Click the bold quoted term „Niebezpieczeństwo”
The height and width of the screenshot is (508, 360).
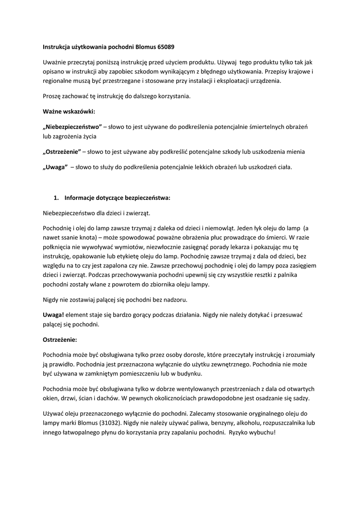tap(72, 127)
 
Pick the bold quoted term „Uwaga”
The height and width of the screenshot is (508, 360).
tap(55, 167)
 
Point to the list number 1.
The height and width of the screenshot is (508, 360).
tap(56, 198)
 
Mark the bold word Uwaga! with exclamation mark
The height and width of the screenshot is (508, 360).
tap(53, 315)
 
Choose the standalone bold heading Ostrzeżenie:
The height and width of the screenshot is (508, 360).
tap(60, 340)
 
